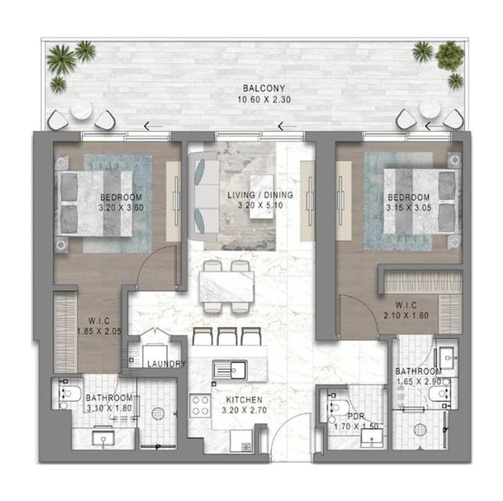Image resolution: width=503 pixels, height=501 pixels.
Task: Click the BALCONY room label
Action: pyautogui.click(x=264, y=88)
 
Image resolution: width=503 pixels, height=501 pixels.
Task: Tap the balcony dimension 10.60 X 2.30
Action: pyautogui.click(x=264, y=100)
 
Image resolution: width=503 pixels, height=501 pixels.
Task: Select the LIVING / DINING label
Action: pyautogui.click(x=260, y=195)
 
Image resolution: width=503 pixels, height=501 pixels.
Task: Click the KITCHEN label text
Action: pyautogui.click(x=244, y=400)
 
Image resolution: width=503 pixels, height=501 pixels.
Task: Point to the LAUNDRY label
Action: pyautogui.click(x=167, y=364)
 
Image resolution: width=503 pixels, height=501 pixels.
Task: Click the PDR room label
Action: pyautogui.click(x=356, y=417)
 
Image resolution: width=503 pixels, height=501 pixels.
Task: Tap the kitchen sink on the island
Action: pyautogui.click(x=230, y=371)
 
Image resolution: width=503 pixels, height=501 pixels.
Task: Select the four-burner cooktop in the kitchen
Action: pyautogui.click(x=200, y=406)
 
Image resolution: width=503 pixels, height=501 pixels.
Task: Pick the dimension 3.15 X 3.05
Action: pyautogui.click(x=409, y=207)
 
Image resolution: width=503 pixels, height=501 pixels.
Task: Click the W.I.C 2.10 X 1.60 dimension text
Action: pyautogui.click(x=406, y=316)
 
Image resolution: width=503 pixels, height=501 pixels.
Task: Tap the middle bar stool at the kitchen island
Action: pyautogui.click(x=227, y=336)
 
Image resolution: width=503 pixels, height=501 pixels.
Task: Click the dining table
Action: pyautogui.click(x=227, y=286)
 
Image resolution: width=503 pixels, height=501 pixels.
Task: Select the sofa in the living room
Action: pyautogui.click(x=203, y=197)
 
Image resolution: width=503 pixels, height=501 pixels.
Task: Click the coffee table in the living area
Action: pyautogui.click(x=262, y=197)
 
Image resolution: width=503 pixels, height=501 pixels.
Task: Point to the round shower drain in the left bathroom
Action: pyautogui.click(x=158, y=413)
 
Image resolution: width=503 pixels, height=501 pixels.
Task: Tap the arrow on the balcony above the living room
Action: pyautogui.click(x=287, y=126)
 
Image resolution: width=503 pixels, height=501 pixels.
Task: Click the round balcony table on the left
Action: pyautogui.click(x=81, y=109)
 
